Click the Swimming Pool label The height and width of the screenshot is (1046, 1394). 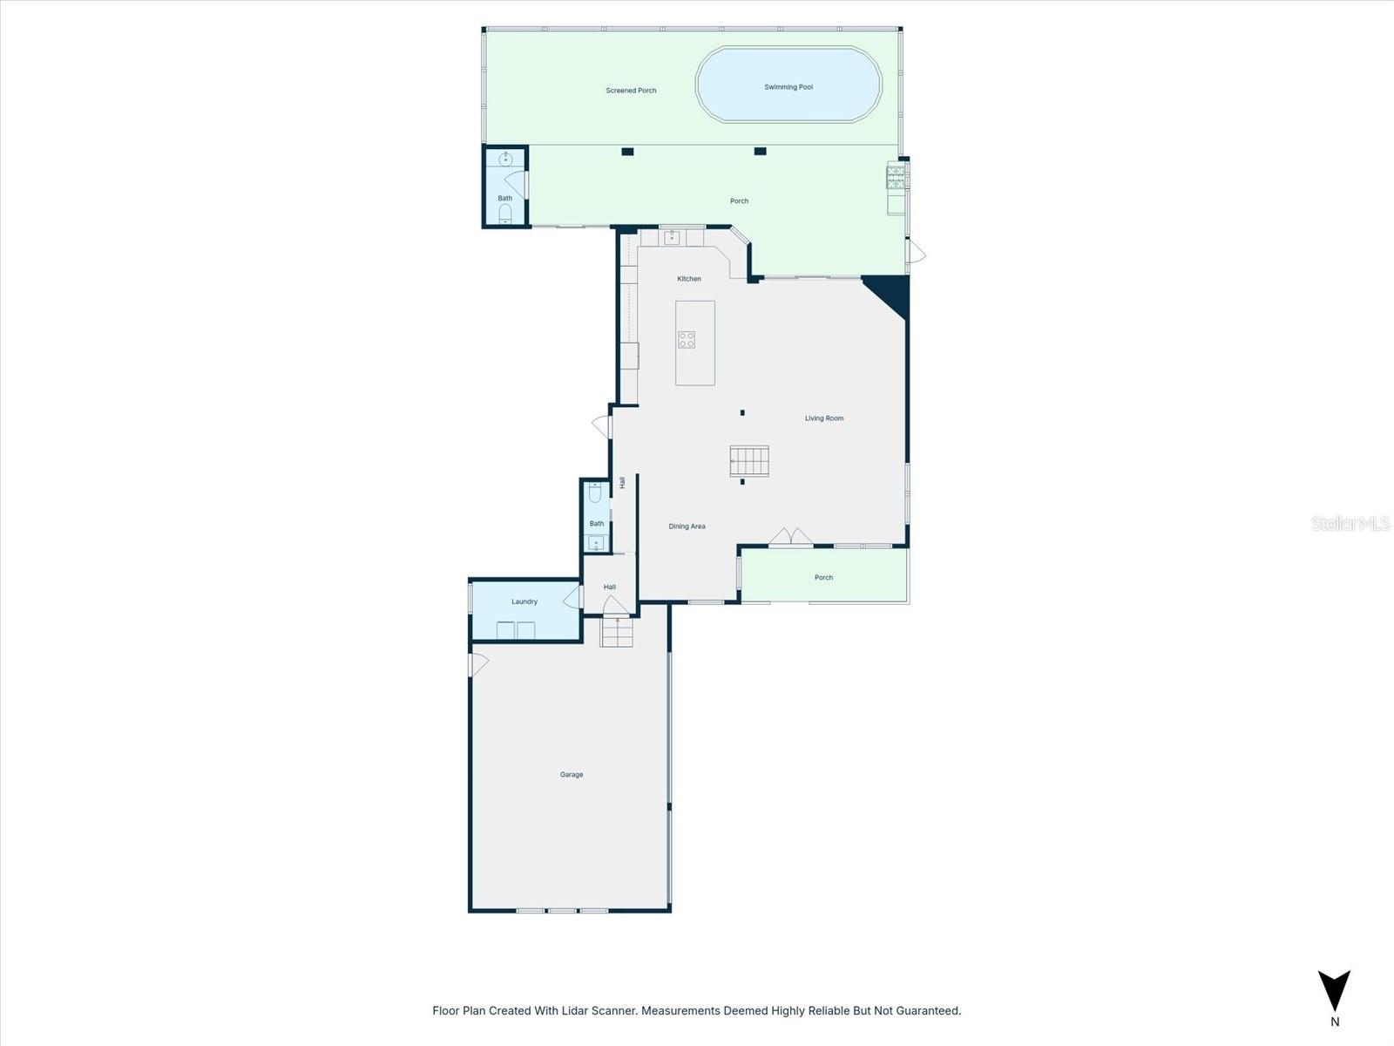click(788, 87)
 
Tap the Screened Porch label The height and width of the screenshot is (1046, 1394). click(631, 91)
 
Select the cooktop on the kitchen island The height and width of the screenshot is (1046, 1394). click(687, 340)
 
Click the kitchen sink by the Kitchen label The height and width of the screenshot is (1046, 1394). click(672, 236)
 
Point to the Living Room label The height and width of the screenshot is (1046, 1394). click(823, 418)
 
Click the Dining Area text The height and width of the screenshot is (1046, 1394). click(687, 526)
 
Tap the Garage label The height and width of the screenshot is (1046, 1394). click(572, 774)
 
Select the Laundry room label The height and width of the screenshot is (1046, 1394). click(524, 601)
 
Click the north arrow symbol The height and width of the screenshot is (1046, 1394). click(1334, 991)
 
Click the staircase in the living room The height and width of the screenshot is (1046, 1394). click(749, 461)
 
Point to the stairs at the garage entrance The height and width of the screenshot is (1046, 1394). click(616, 632)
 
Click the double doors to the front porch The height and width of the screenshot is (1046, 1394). click(791, 538)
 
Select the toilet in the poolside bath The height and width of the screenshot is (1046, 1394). click(505, 214)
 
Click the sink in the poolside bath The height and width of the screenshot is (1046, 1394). click(505, 160)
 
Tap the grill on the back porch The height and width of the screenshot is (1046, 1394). click(896, 178)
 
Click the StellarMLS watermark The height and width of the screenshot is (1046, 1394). click(1350, 523)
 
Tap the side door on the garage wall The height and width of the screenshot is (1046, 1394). click(477, 664)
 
